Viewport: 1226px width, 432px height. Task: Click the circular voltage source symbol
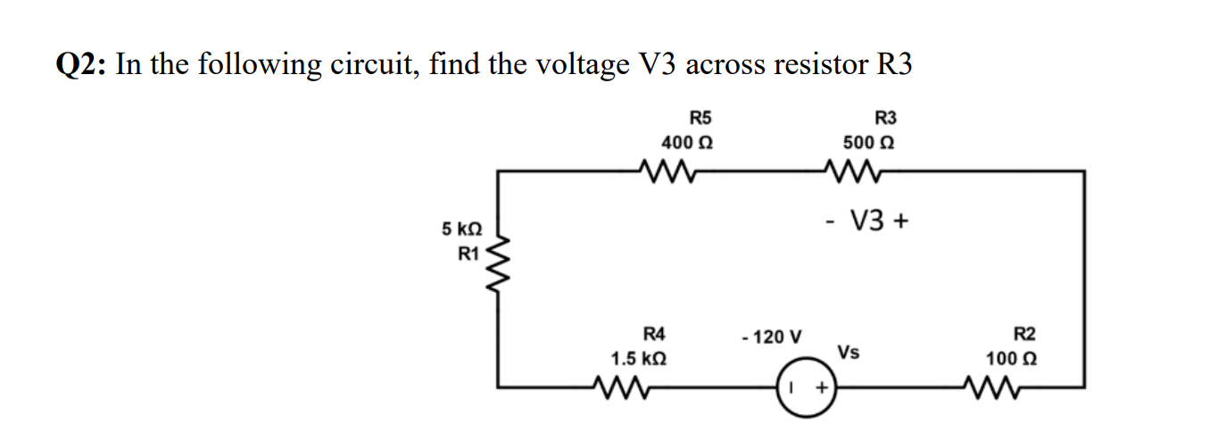pyautogui.click(x=807, y=388)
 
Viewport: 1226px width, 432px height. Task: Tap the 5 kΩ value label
pyautogui.click(x=461, y=229)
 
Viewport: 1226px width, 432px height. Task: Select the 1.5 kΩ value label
pyautogui.click(x=638, y=360)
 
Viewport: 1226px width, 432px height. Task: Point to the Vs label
pyautogui.click(x=849, y=352)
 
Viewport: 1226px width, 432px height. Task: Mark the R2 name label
pyautogui.click(x=1025, y=335)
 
